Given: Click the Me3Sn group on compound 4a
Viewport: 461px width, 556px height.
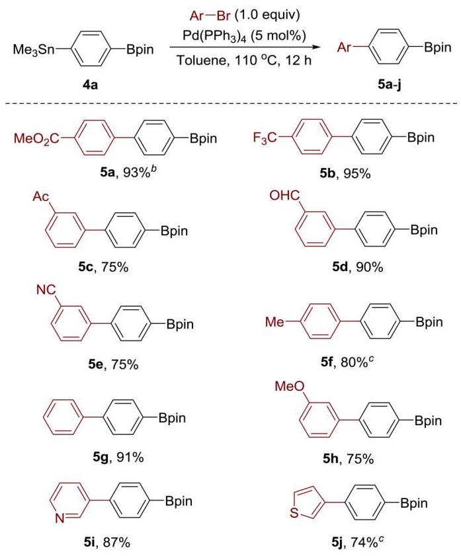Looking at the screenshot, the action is [x=34, y=50].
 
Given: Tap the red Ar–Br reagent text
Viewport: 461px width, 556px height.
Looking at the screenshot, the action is [x=210, y=16].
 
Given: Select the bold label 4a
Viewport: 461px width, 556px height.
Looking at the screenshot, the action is [x=90, y=85].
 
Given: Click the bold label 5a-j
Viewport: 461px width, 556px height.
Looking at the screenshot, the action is [x=390, y=85].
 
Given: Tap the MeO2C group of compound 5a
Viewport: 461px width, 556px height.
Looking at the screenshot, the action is [x=37, y=138].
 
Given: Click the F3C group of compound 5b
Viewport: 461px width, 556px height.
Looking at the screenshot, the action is [x=265, y=138].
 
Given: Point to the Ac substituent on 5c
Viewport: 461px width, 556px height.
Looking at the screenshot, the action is [x=41, y=196].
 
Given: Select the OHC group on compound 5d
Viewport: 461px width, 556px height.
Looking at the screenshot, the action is [x=284, y=196].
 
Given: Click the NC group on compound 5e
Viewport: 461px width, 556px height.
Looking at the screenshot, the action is [x=46, y=290].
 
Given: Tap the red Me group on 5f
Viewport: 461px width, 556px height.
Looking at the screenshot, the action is [x=274, y=322].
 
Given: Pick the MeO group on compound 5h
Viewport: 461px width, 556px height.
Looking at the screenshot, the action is [x=290, y=386].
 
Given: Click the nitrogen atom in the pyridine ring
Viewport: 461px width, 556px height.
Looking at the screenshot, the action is [x=60, y=519].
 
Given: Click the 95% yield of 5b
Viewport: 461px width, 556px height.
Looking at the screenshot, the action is [x=357, y=174].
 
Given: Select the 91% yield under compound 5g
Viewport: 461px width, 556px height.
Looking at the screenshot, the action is [x=130, y=457].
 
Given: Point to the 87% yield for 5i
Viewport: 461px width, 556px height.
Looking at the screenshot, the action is [x=116, y=542].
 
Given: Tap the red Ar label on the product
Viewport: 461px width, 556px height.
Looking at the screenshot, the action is [x=344, y=48].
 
